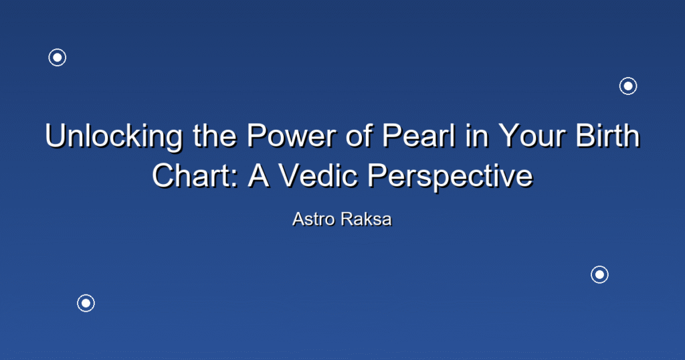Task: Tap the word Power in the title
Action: pos(292,135)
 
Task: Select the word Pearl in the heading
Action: pos(419,135)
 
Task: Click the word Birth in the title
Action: pos(608,135)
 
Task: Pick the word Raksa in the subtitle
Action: pos(366,219)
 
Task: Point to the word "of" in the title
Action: pos(360,135)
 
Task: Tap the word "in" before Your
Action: pos(476,135)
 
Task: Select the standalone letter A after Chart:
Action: pos(259,175)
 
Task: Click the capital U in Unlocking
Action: pos(56,136)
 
